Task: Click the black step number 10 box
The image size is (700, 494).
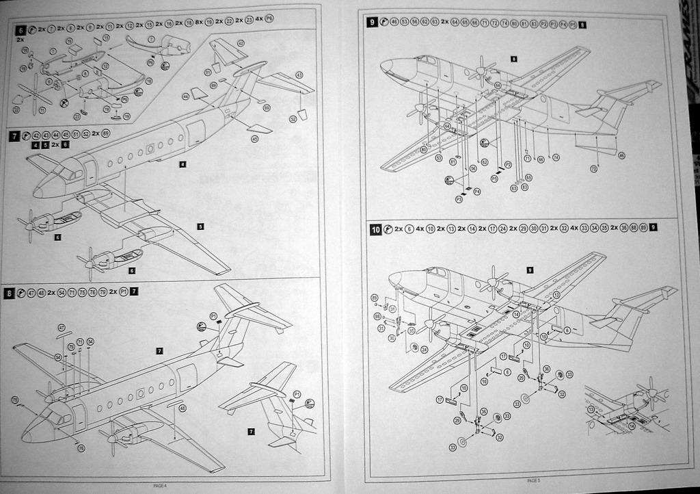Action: click(376, 230)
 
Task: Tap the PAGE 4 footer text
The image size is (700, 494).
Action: click(159, 485)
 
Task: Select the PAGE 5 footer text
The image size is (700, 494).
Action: click(534, 480)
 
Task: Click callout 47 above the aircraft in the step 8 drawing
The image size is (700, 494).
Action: click(61, 328)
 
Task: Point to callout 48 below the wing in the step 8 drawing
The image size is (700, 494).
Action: click(183, 408)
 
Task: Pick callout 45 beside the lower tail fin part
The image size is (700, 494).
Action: click(254, 139)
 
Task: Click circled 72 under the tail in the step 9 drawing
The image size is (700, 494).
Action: click(593, 168)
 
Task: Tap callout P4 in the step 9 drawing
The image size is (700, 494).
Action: click(476, 192)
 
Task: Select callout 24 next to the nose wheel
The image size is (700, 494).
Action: click(424, 349)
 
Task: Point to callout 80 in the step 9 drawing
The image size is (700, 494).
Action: click(424, 149)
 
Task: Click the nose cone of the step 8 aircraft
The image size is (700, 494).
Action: click(27, 434)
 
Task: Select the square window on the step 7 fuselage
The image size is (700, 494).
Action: click(150, 148)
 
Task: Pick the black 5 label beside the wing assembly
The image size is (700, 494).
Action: click(200, 226)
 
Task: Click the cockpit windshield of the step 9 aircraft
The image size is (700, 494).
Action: click(427, 60)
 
